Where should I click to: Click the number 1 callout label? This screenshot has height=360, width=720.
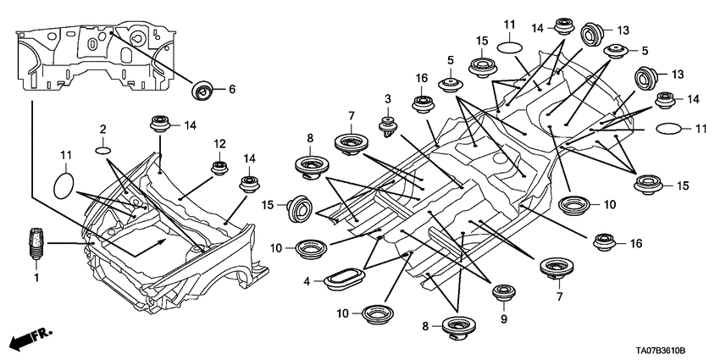coord(36,277)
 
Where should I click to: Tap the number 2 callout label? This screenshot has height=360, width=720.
coord(102,129)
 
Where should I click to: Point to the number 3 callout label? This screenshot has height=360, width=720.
coord(387,100)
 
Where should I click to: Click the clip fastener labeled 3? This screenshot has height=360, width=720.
coord(390,126)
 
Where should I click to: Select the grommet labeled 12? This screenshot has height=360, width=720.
coord(219,166)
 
